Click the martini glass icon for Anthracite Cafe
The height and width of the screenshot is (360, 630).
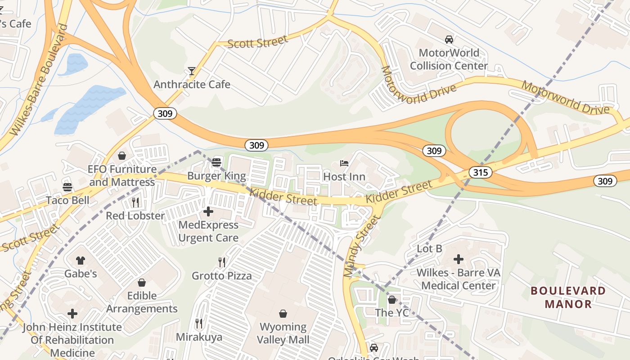pos(192,71)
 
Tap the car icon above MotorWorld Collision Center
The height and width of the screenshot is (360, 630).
pos(449,39)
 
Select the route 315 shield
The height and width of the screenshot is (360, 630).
pos(480,172)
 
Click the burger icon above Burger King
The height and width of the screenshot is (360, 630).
pos(216,162)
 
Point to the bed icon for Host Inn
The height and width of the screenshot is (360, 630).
pos(344,163)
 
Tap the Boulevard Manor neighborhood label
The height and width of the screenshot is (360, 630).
pos(568,297)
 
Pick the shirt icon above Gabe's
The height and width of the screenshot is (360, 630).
pos(80,260)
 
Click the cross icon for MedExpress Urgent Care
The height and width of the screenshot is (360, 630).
pos(208,211)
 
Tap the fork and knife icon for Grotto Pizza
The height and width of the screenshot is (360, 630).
pos(221,262)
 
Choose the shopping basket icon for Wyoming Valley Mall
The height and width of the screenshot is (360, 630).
pos(283,313)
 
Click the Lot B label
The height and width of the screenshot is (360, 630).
pos(429,248)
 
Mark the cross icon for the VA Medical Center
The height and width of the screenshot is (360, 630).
pos(458,259)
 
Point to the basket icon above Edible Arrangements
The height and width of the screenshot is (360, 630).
pos(142,282)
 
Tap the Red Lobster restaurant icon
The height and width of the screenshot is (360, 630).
pos(135,202)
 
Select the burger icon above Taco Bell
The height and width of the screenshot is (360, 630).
pos(67,187)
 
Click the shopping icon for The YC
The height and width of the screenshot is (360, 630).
pos(392,299)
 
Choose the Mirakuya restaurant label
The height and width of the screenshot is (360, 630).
pos(199,337)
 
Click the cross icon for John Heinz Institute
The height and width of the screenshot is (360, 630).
pos(72,313)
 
